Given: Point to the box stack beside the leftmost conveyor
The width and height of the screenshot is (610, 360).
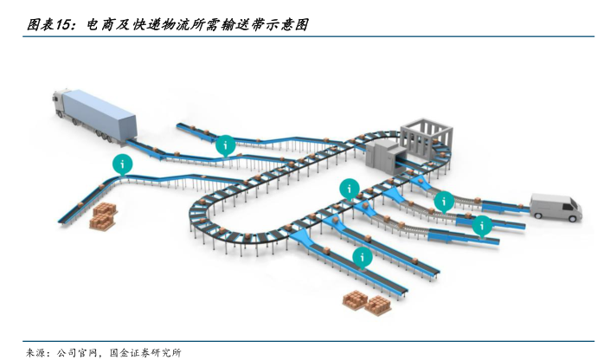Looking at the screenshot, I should pos(103,216).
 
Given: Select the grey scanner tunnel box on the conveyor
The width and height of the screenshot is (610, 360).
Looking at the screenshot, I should pos(382,156).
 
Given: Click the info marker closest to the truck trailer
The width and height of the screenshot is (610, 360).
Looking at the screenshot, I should pos(225,145).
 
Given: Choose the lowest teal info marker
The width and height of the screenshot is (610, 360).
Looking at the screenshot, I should pos(363,256).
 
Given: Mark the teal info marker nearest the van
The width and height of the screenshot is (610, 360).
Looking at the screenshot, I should pos(483,226).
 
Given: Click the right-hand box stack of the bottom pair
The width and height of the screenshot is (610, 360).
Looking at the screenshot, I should pos(378,304).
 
